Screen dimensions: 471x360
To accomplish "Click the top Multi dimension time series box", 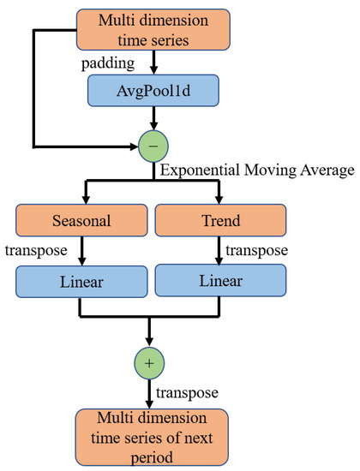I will (x=152, y=29).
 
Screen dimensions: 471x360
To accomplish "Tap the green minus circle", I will (x=152, y=146).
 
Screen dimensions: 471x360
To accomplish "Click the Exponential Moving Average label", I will (x=255, y=173).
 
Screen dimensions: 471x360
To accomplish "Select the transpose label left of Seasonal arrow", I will (x=33, y=252).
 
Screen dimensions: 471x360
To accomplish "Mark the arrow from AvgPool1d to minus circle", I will (x=152, y=120).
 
